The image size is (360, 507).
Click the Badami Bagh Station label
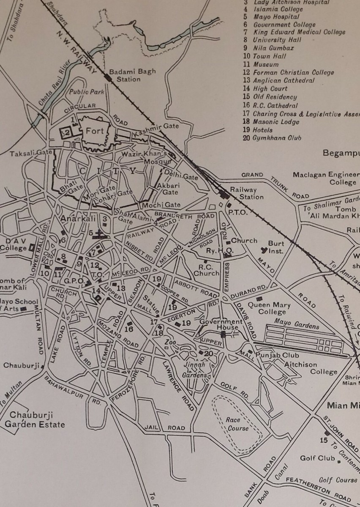(x=126, y=75)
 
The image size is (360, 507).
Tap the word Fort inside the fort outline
(x=95, y=131)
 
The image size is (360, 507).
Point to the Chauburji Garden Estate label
(x=37, y=420)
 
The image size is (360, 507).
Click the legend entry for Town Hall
(x=269, y=56)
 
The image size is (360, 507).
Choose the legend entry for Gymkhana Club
(x=277, y=138)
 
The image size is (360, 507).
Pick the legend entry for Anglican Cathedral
(x=284, y=81)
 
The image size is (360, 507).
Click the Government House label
(x=221, y=324)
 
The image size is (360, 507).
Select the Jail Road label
(x=165, y=428)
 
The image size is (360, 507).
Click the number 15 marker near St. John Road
(x=324, y=440)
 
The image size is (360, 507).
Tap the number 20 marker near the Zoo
(x=208, y=353)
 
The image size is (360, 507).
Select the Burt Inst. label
(x=276, y=248)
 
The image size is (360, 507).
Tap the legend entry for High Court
(x=270, y=89)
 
